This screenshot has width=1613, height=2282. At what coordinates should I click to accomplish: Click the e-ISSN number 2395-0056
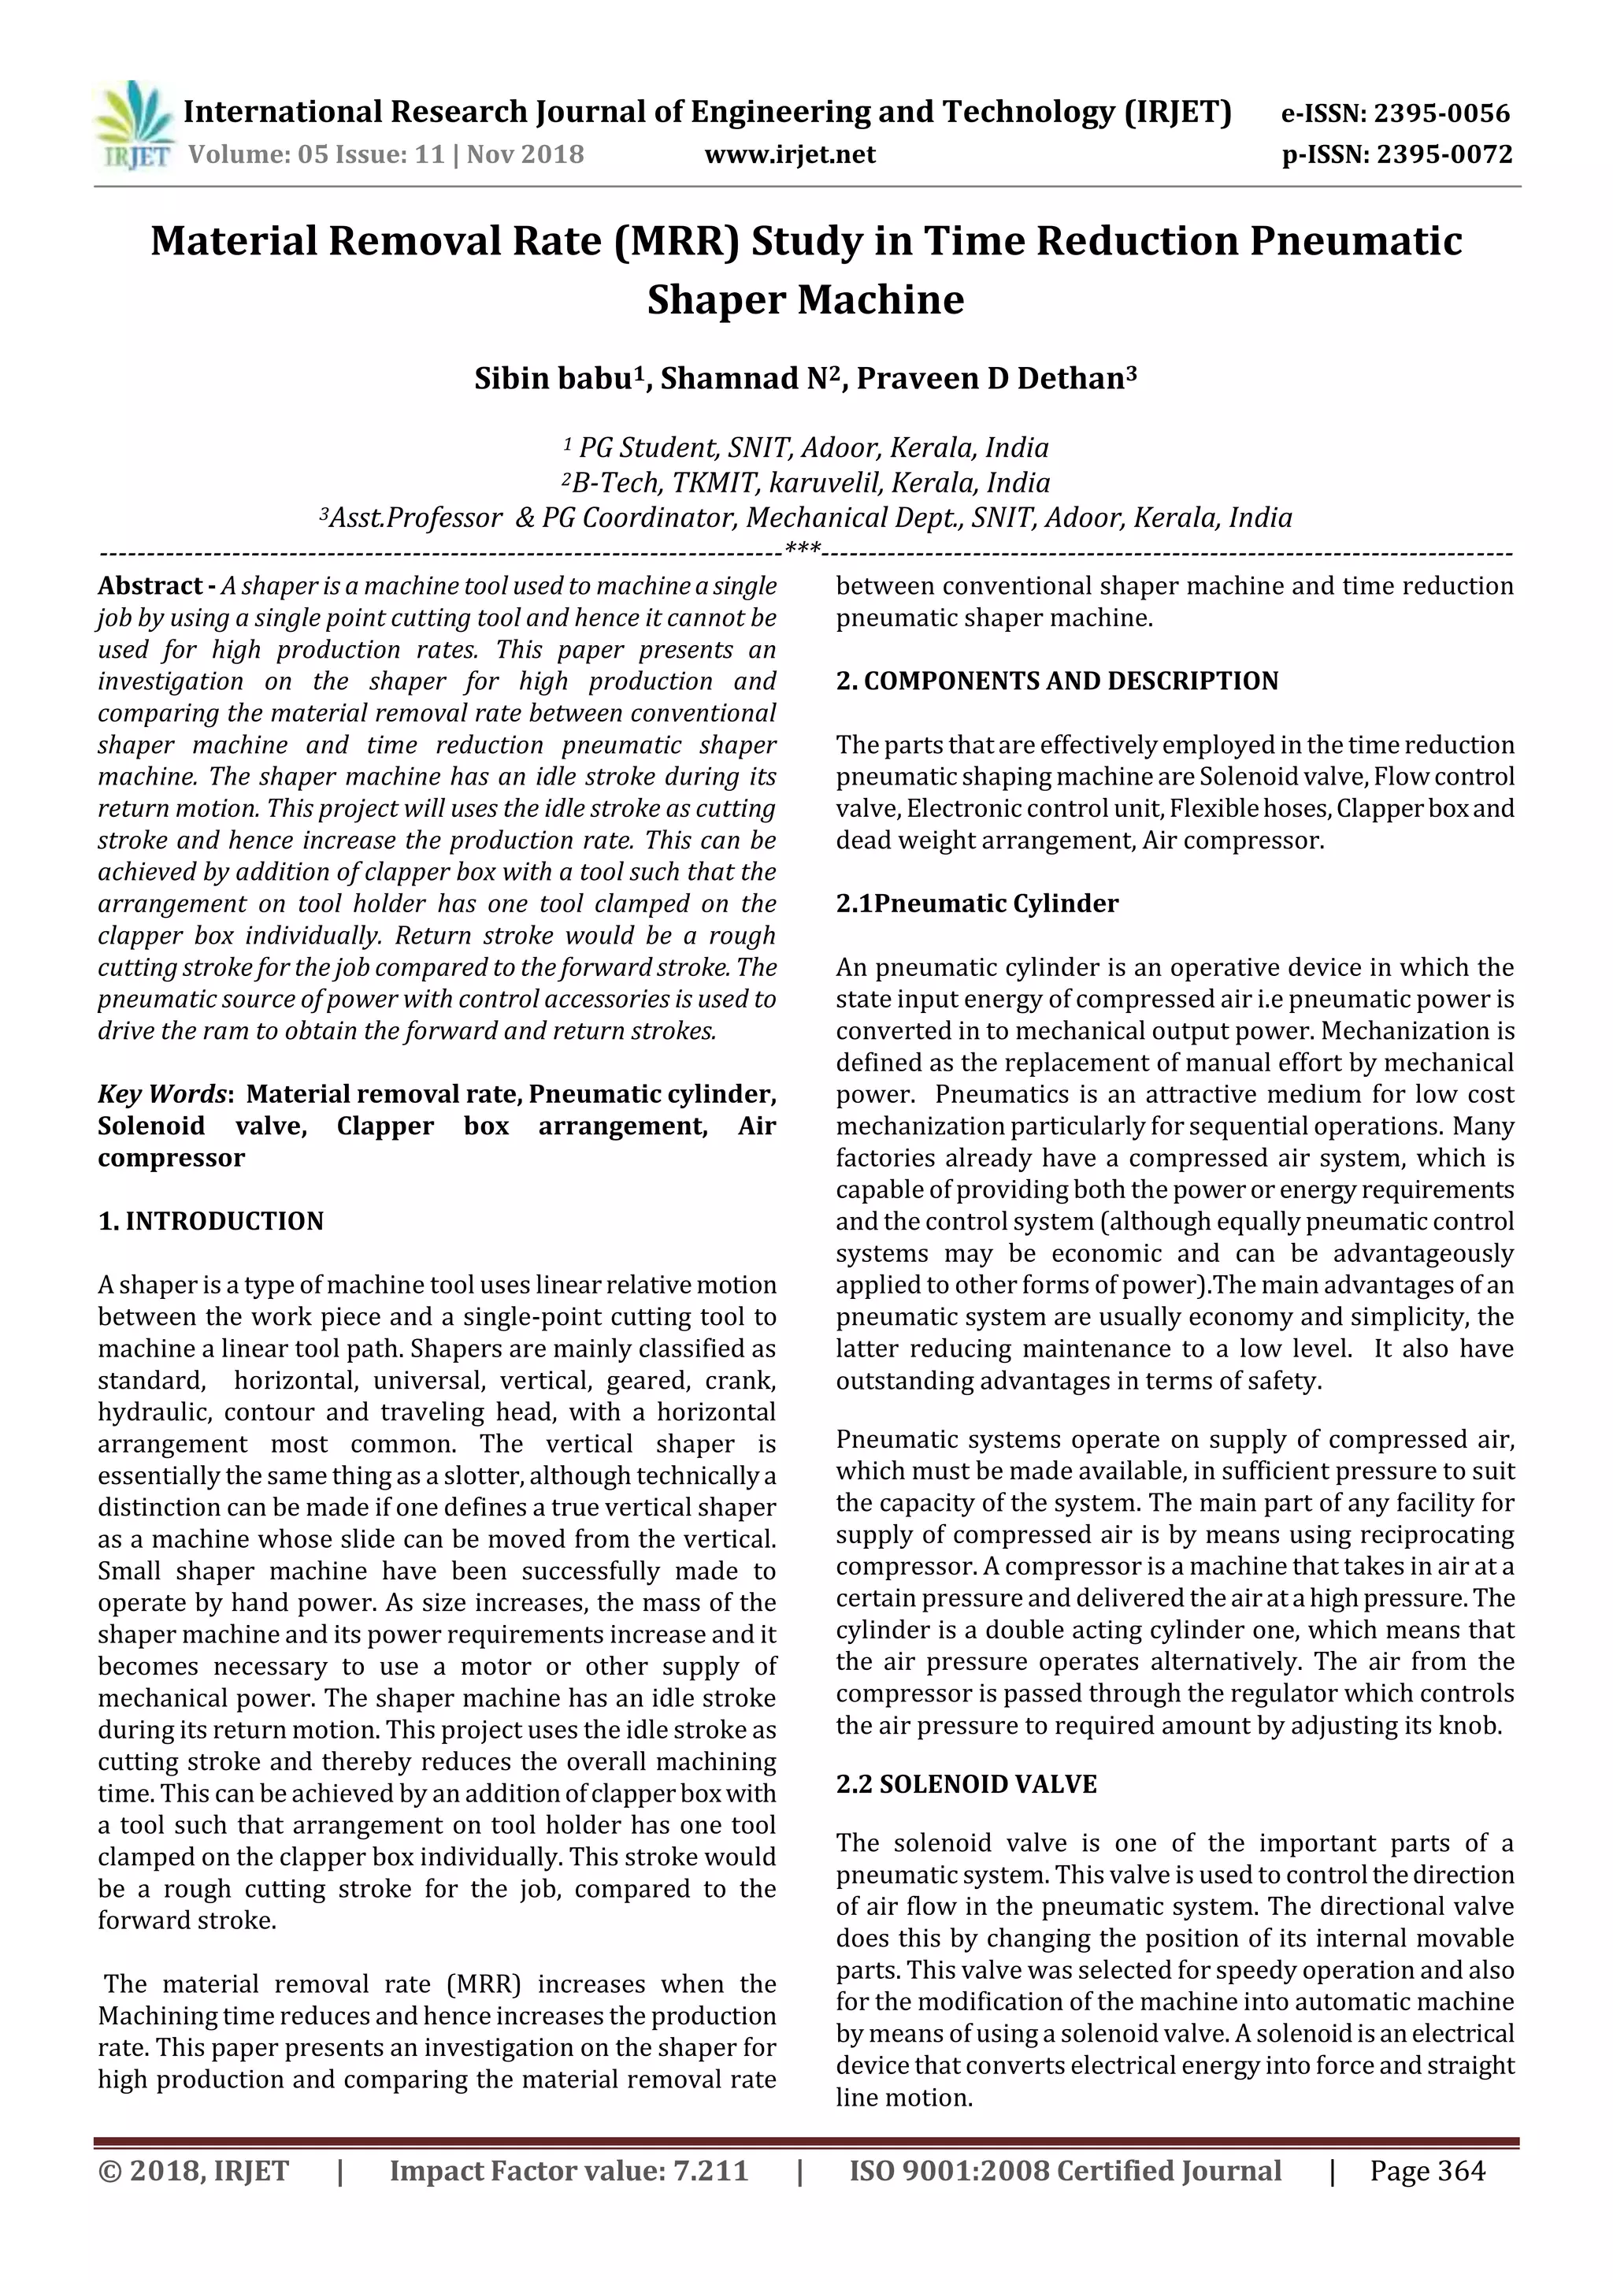click(x=1441, y=113)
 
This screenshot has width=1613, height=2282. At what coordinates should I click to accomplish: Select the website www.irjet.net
click(x=790, y=155)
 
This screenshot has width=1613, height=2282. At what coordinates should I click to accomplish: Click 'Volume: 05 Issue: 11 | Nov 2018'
click(x=386, y=155)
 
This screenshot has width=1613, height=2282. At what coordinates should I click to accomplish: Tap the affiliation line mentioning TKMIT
click(x=805, y=483)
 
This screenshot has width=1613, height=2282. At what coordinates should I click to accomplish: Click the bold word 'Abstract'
click(x=149, y=586)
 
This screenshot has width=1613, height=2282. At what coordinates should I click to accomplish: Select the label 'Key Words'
click(x=162, y=1094)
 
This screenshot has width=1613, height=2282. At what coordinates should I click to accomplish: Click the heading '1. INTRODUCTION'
click(x=211, y=1222)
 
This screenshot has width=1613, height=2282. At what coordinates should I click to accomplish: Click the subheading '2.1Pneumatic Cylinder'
click(x=976, y=904)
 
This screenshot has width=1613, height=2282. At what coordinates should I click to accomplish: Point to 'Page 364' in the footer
click(x=1427, y=2171)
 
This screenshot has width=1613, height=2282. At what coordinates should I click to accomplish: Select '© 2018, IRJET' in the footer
click(x=193, y=2171)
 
